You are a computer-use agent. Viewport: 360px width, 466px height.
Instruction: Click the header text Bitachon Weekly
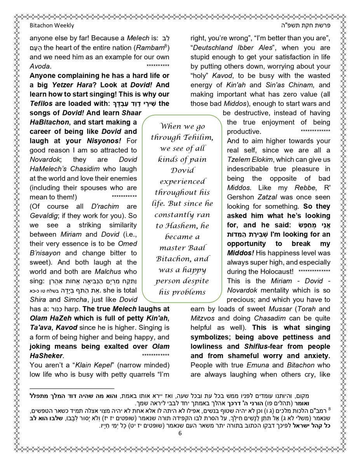(x=52, y=26)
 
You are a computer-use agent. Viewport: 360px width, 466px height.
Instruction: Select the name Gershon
(x=240, y=197)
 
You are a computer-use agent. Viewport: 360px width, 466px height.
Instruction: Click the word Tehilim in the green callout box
(x=197, y=137)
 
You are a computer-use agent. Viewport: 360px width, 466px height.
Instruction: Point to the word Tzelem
(x=238, y=160)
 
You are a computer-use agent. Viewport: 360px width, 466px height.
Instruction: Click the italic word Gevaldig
(x=43, y=216)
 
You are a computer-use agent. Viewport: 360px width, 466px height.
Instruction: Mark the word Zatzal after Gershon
(x=268, y=197)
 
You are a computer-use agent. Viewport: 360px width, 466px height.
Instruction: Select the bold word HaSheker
(x=46, y=356)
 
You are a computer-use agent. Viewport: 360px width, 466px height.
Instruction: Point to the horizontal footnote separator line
(x=72, y=388)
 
